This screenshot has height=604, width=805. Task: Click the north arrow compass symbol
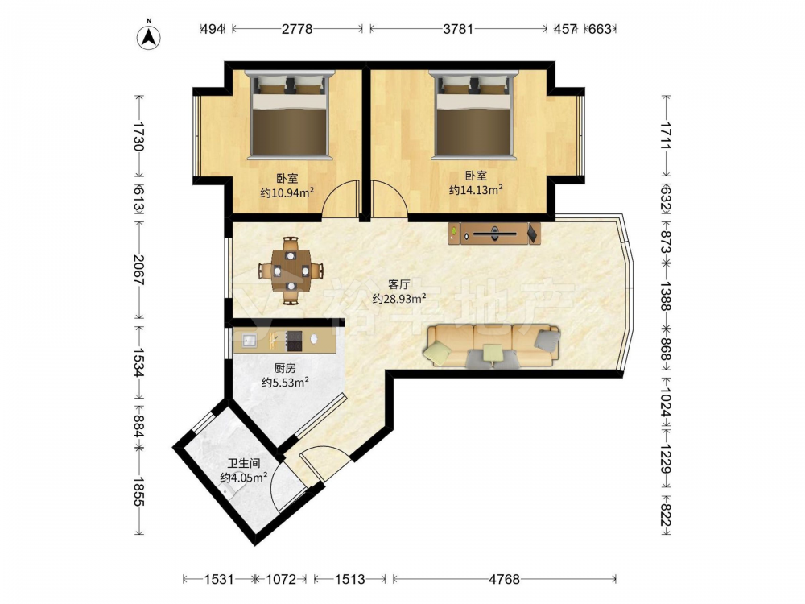tap(149, 36)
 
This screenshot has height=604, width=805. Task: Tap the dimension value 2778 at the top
tap(297, 29)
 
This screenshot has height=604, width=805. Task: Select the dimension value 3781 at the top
tap(458, 29)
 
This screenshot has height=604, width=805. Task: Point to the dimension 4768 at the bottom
tap(504, 579)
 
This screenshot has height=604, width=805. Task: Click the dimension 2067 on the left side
tap(138, 270)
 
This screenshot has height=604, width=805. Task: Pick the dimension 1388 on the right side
tap(665, 296)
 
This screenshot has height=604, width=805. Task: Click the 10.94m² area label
tap(287, 193)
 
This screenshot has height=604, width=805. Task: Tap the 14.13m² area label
tap(476, 190)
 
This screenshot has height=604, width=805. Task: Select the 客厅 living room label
tap(399, 284)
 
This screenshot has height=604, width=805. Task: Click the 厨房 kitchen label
tap(285, 368)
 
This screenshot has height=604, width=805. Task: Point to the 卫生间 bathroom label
tap(243, 463)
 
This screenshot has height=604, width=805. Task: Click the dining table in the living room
tap(291, 270)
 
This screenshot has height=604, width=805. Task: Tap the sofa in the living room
tap(493, 345)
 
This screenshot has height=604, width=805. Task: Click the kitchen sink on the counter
tap(250, 340)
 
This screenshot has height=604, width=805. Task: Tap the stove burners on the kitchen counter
tap(295, 340)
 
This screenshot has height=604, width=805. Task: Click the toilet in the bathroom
tap(232, 489)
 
